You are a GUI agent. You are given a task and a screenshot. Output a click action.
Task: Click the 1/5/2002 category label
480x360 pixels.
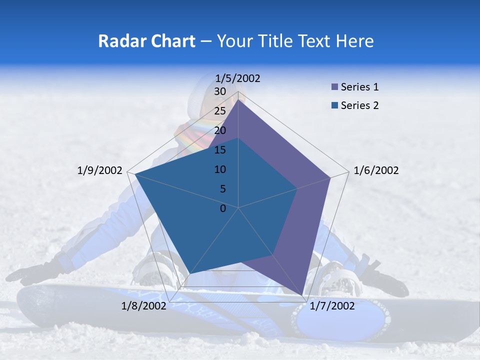[x=238, y=78]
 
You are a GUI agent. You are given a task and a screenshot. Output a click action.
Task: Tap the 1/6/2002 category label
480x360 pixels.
[x=376, y=170]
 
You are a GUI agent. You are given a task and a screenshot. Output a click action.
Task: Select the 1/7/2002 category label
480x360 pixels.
[x=332, y=305]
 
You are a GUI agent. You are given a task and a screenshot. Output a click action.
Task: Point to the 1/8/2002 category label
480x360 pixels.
[x=144, y=305]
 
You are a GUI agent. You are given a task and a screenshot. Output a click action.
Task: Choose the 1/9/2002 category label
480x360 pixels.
[x=100, y=170]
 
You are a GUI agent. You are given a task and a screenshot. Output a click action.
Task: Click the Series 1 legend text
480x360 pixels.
[x=359, y=87]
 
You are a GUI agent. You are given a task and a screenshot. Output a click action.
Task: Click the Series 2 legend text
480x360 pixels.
[x=359, y=105]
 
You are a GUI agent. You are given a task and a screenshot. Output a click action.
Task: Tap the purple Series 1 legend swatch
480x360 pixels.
[x=334, y=87]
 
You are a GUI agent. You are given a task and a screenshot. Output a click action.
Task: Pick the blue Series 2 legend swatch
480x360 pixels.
[x=334, y=106]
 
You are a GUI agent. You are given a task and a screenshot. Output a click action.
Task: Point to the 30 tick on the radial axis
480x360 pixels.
[x=220, y=91]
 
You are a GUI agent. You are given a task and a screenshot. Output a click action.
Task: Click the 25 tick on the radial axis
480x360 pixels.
[x=220, y=111]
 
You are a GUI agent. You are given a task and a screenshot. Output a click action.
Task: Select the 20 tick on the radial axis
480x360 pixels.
[x=220, y=130]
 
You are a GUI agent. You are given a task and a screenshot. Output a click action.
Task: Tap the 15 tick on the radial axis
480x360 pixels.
[x=220, y=150]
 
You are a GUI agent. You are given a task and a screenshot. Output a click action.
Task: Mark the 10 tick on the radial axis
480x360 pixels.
[x=220, y=169]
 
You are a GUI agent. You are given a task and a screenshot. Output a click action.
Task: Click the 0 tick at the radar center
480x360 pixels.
[x=223, y=208]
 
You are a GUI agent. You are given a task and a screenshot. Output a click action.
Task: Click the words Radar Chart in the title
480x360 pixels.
[x=146, y=41]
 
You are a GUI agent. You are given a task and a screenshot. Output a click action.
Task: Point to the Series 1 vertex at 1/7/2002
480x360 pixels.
[x=303, y=295]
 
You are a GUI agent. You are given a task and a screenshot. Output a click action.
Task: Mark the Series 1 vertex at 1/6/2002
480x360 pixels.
[x=330, y=177]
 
